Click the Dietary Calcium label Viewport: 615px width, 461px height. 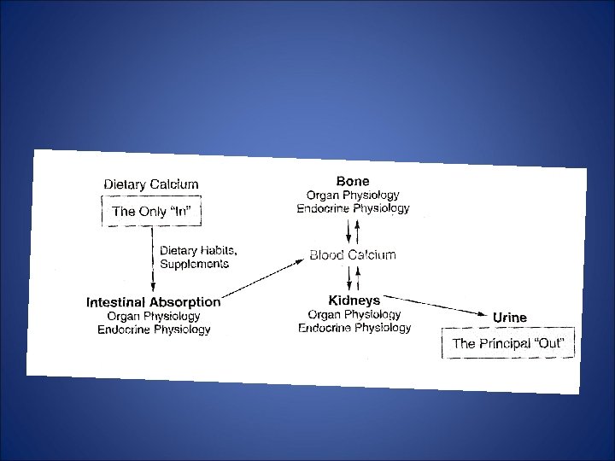[x=151, y=184]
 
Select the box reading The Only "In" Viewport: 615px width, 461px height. [x=151, y=211]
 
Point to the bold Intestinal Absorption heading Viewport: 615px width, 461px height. [x=154, y=302]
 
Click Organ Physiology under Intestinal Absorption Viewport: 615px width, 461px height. [x=154, y=316]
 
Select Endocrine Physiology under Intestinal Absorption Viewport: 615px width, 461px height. [x=154, y=330]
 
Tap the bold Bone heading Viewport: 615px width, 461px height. [x=353, y=181]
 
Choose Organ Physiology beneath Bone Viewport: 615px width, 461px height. [x=353, y=195]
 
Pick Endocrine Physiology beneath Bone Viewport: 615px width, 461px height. [x=353, y=208]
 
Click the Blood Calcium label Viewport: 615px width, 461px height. [x=353, y=255]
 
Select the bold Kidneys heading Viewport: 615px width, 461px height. [x=354, y=301]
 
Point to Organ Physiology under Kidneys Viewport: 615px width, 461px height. [x=354, y=314]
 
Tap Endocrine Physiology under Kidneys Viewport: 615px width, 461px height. [x=354, y=328]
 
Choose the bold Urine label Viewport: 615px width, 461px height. [x=510, y=318]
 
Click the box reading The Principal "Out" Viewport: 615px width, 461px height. [x=508, y=344]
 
